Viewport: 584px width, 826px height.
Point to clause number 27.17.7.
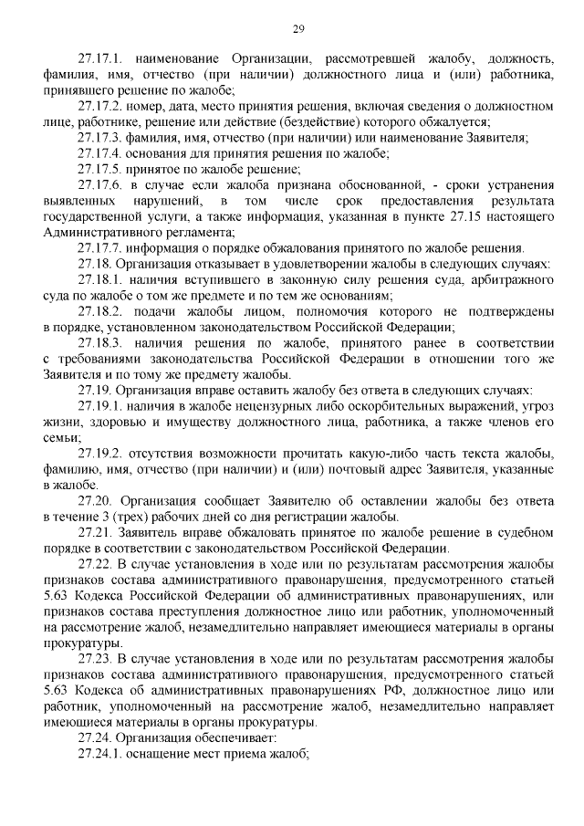pyautogui.click(x=100, y=246)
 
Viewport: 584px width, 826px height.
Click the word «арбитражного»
pyautogui.click(x=506, y=278)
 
